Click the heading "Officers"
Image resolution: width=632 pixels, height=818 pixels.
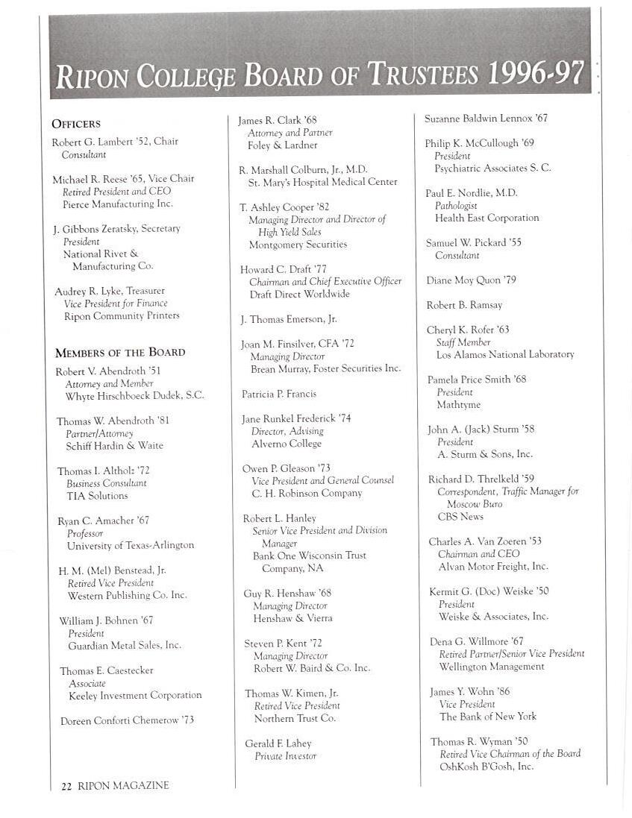(x=76, y=124)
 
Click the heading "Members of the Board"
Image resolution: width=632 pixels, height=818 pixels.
(x=120, y=352)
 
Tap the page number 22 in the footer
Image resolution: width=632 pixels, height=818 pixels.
(x=66, y=785)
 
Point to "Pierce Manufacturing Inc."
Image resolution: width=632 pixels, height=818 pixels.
(x=118, y=204)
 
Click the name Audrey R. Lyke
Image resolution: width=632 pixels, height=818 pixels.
(x=88, y=291)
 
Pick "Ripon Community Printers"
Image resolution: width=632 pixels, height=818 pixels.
(x=122, y=315)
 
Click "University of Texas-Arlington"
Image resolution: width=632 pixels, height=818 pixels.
(x=131, y=545)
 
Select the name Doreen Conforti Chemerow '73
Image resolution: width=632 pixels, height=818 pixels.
(x=127, y=720)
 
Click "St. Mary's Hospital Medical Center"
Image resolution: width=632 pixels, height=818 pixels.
(x=323, y=182)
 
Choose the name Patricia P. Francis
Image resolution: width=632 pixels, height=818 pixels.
(x=279, y=394)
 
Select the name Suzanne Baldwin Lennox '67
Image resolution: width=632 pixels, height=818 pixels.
(x=486, y=119)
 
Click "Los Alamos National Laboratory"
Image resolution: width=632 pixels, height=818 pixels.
(x=505, y=355)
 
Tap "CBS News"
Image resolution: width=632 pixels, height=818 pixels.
(x=460, y=517)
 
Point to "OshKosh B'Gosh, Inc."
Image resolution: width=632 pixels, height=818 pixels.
(x=486, y=767)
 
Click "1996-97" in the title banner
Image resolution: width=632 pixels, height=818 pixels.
(x=535, y=74)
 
